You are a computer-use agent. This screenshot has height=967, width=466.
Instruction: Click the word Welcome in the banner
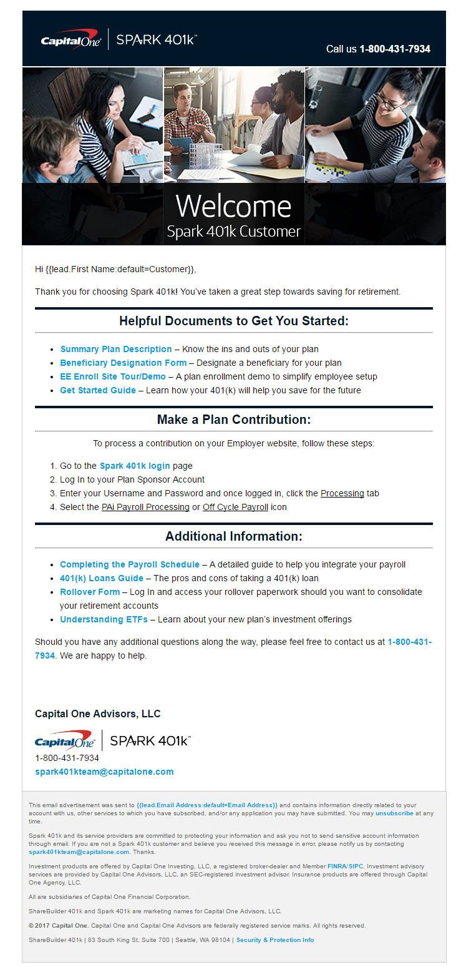click(x=233, y=206)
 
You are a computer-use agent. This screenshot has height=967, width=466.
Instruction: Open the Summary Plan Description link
click(x=116, y=349)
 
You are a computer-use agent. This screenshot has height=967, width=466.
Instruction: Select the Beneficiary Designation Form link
click(x=123, y=363)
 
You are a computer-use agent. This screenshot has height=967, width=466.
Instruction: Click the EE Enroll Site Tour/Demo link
click(x=113, y=376)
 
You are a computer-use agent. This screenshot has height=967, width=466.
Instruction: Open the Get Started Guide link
click(x=98, y=390)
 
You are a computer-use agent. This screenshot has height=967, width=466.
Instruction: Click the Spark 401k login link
click(x=135, y=466)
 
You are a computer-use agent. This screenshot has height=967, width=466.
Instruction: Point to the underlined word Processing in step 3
click(x=342, y=493)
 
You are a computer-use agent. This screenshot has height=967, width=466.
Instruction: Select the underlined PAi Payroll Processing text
click(x=145, y=507)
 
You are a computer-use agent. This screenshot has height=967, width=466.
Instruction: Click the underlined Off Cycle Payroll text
click(x=235, y=507)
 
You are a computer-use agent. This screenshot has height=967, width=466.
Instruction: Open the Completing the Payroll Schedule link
click(x=130, y=564)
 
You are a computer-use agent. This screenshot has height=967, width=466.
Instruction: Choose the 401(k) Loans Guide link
click(x=102, y=578)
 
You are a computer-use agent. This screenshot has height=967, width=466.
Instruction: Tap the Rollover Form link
click(x=90, y=592)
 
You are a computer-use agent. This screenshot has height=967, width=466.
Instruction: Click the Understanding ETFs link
click(x=104, y=619)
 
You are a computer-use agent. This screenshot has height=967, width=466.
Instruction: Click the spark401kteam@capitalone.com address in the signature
click(x=104, y=772)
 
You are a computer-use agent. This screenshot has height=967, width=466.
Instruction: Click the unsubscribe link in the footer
click(x=394, y=813)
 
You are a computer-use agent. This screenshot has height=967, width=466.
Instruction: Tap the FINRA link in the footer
click(x=336, y=866)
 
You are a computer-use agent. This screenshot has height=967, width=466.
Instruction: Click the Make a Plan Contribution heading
click(x=233, y=420)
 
